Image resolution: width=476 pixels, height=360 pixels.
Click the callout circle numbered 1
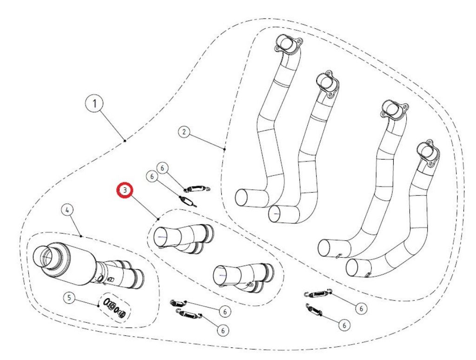click(x=95, y=104)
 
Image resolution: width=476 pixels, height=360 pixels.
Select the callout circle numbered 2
click(x=184, y=132)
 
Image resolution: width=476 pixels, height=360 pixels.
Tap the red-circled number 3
click(x=125, y=190)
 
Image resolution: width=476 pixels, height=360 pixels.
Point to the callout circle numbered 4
click(x=67, y=211)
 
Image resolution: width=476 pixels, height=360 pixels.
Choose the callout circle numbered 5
click(x=69, y=298)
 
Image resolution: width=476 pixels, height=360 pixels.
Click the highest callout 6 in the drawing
click(x=162, y=167)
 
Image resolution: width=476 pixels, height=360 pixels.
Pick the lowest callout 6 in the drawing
click(x=223, y=330)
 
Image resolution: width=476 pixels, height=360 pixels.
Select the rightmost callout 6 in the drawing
click(x=360, y=308)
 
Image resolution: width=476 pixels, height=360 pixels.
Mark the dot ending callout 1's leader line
click(x=125, y=140)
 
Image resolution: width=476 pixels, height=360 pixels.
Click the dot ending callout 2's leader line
click(x=224, y=149)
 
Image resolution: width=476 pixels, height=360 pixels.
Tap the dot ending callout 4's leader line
click(x=82, y=236)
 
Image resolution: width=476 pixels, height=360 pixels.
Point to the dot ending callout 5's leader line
click(x=99, y=306)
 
